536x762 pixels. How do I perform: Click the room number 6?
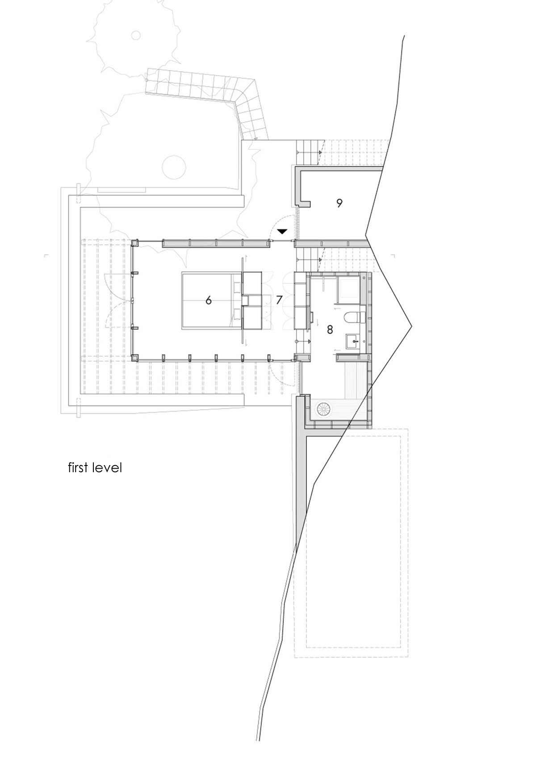click(x=208, y=300)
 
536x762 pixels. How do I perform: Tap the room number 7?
click(x=279, y=300)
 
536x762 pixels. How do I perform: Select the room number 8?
click(x=329, y=329)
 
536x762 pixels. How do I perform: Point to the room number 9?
click(x=339, y=203)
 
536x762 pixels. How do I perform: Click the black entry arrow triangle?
click(x=282, y=232)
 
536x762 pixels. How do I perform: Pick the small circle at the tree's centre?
click(x=136, y=35)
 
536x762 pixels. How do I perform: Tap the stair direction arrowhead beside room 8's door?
click(x=309, y=341)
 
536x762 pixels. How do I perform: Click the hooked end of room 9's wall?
click(x=304, y=204)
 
